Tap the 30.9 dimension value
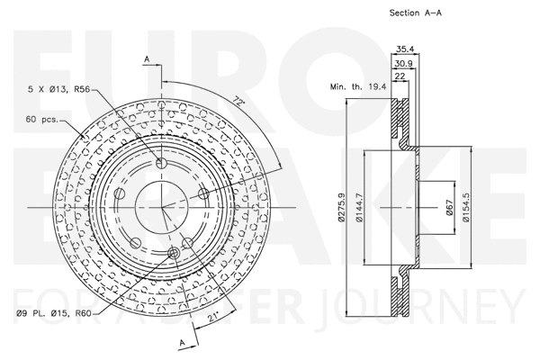click(403, 63)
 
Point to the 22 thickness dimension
click(400, 76)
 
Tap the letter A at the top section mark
click(146, 58)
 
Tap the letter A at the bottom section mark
click(184, 343)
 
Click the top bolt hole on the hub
click(161, 164)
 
